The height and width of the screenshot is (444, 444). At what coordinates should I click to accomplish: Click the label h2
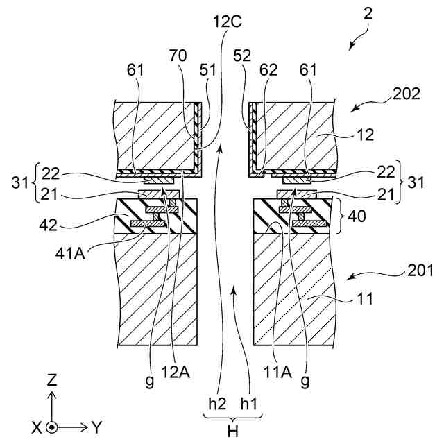217,403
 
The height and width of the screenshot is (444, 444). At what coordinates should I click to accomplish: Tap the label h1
248,403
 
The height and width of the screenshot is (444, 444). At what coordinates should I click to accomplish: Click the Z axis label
52,381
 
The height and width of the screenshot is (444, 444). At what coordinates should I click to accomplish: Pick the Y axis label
96,427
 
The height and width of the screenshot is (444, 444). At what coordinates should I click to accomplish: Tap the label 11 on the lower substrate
366,300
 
